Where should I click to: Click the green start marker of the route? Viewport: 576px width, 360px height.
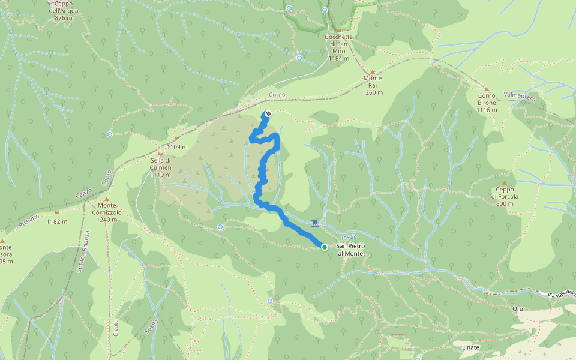click(x=325, y=247)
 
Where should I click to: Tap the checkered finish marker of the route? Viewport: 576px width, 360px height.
click(x=268, y=114)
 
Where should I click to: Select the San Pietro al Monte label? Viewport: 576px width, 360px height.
click(x=350, y=250)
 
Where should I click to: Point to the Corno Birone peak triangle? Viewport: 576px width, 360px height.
click(x=487, y=88)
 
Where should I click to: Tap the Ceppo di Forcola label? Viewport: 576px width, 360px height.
click(x=505, y=196)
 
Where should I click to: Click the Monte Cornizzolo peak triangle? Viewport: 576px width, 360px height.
click(x=107, y=199)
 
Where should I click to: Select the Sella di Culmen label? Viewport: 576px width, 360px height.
click(x=161, y=164)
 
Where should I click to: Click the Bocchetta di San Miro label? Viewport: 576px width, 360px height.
click(x=338, y=47)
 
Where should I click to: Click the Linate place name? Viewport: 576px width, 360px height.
click(x=471, y=347)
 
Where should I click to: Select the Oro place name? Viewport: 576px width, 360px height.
click(x=518, y=309)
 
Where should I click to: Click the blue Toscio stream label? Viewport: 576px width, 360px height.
click(x=349, y=237)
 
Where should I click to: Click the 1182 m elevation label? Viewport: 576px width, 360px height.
click(x=56, y=221)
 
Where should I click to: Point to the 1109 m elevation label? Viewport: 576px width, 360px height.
click(x=177, y=147)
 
